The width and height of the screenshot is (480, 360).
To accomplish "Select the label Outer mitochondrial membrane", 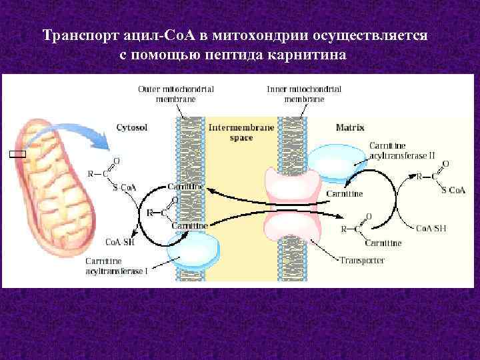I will (x=176, y=93).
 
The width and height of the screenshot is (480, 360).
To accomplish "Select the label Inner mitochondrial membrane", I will (x=304, y=93).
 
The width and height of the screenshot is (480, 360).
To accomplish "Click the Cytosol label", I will (x=132, y=126).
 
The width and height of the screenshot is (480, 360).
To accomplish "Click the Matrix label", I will (x=350, y=126).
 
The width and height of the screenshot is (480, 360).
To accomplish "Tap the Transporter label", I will (x=362, y=260).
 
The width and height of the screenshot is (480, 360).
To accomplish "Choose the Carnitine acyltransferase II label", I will (x=401, y=150).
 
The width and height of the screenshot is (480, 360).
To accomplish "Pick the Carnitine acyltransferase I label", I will (x=120, y=265).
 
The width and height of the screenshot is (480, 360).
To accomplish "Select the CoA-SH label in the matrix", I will (x=431, y=228).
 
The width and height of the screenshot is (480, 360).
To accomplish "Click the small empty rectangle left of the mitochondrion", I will (x=17, y=154).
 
